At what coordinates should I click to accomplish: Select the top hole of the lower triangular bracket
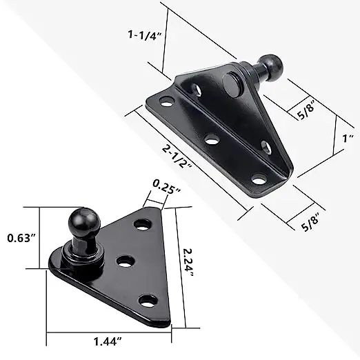click(x=143, y=225)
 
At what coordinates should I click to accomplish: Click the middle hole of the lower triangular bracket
click(x=125, y=261)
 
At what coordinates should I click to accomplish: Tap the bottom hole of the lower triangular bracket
click(x=147, y=299)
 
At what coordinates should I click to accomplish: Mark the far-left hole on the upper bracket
click(x=166, y=102)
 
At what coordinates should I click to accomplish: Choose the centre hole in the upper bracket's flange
click(x=212, y=139)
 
